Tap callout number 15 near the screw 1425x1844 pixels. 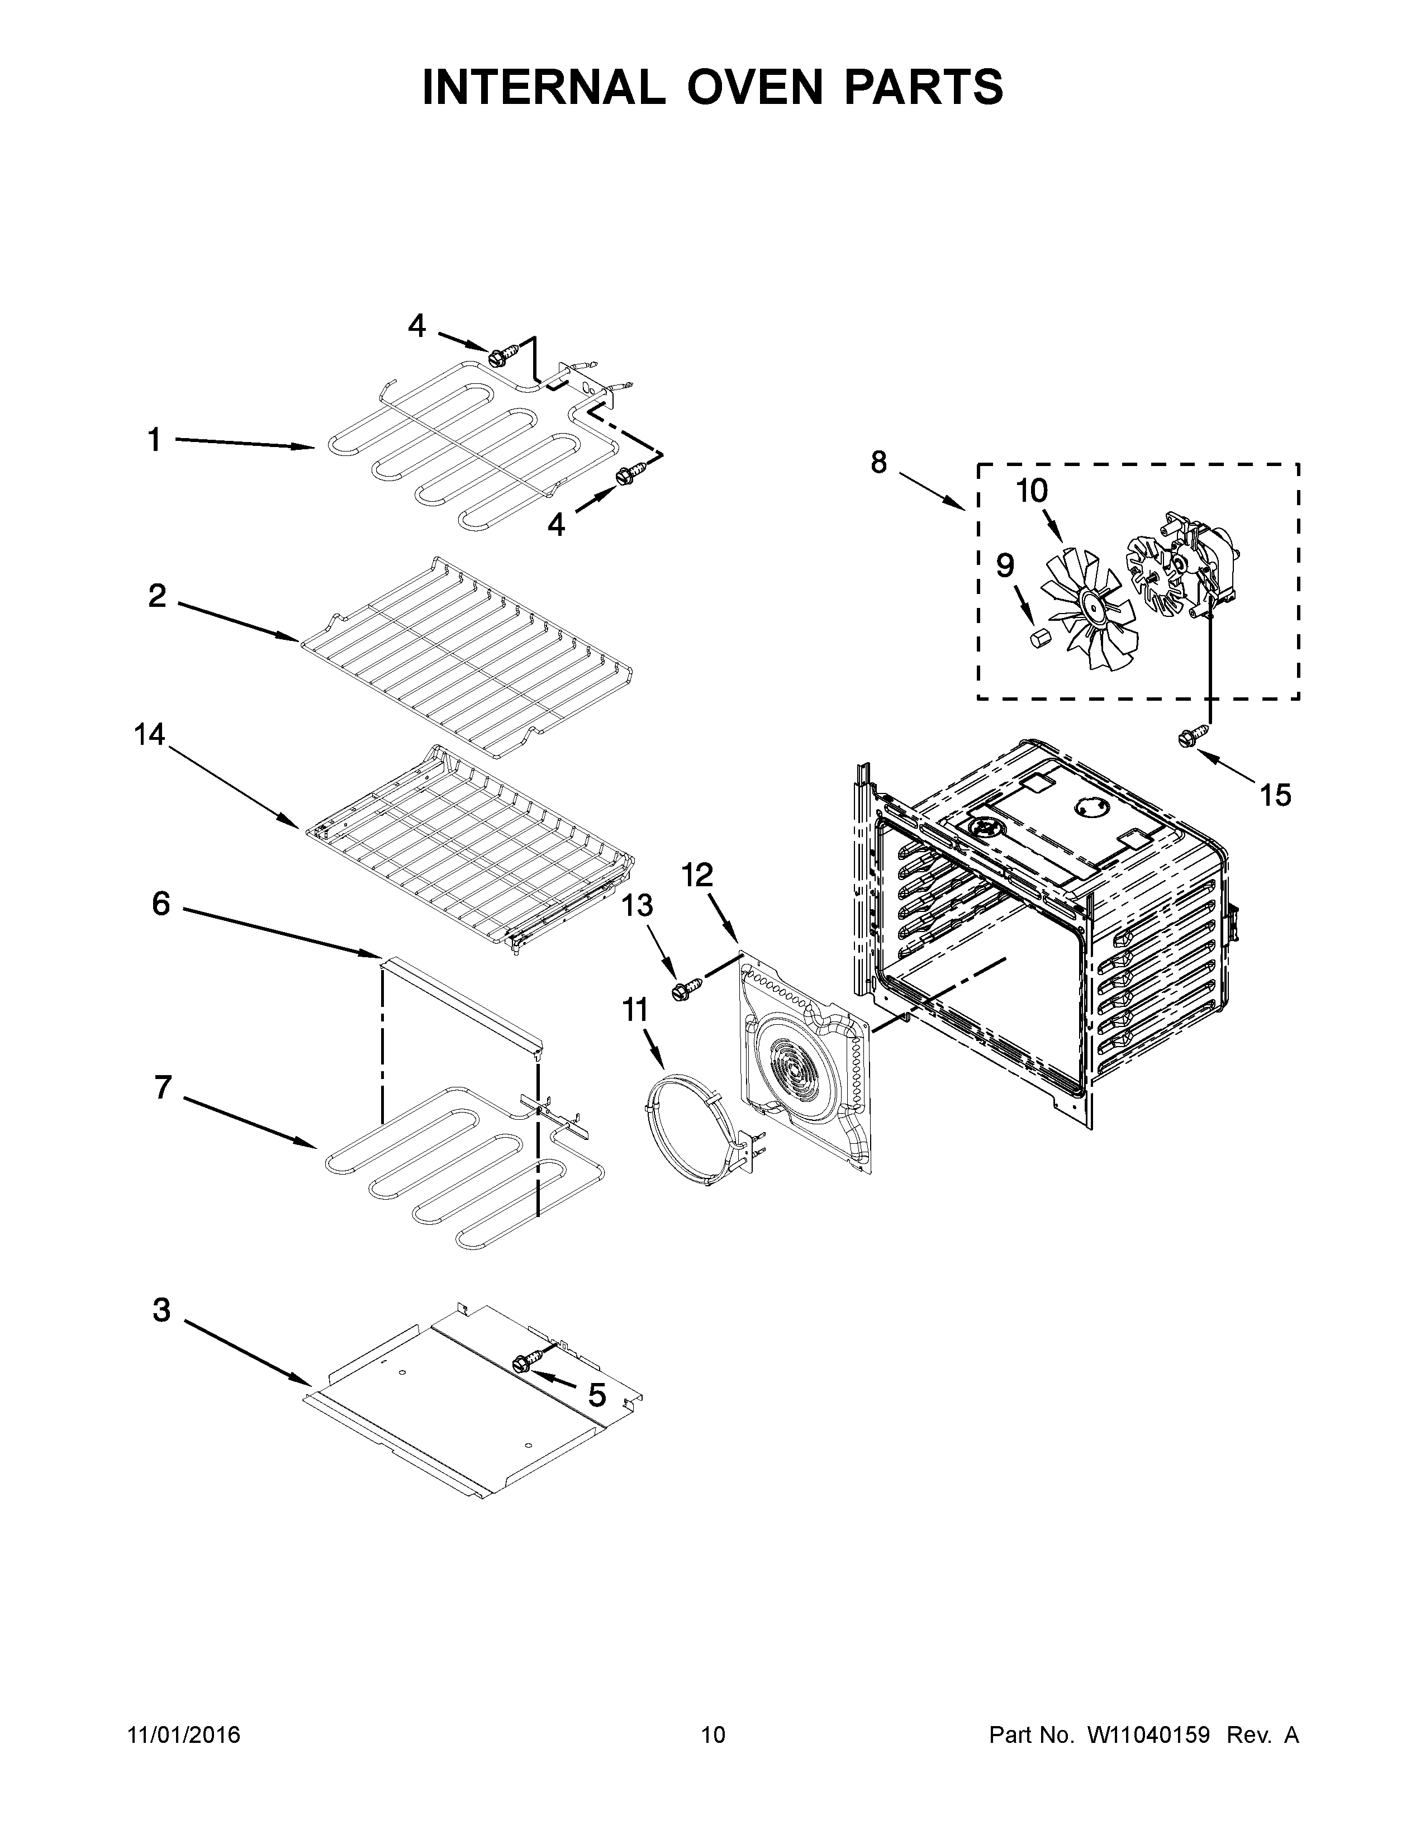[1275, 795]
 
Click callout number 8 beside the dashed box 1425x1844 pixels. [879, 462]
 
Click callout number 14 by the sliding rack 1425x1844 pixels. [149, 735]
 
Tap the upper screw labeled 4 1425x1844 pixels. [496, 357]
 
